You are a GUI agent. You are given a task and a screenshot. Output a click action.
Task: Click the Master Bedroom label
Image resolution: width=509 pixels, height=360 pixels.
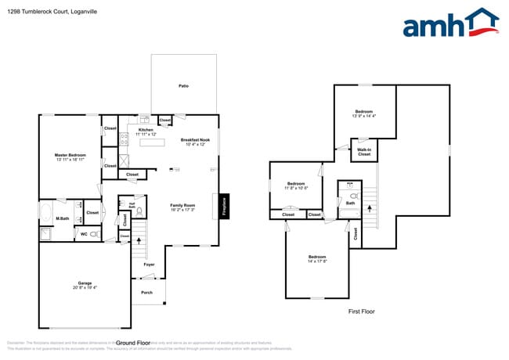coord(70,155)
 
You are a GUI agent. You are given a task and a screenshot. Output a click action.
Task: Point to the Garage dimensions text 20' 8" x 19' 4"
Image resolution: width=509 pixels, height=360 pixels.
coord(85,287)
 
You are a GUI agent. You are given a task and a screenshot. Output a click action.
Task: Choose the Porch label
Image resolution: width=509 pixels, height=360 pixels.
coord(146,293)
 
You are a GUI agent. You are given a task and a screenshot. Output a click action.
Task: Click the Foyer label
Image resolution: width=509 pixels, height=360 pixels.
coord(149,265)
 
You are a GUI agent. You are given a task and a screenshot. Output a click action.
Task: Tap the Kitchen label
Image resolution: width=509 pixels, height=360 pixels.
coord(146,130)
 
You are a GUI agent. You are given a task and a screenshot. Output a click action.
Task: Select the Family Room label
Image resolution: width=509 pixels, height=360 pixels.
coord(182,206)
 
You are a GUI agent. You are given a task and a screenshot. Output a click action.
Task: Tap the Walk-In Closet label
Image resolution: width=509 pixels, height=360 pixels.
coord(364,150)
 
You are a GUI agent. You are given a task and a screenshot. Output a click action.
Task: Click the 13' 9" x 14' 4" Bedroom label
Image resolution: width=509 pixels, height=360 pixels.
coord(364,112)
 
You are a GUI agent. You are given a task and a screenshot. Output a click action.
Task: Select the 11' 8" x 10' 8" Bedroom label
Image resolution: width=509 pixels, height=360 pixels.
coord(296,184)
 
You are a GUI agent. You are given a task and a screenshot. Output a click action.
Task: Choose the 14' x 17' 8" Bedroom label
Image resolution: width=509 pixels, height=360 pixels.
coord(317,257)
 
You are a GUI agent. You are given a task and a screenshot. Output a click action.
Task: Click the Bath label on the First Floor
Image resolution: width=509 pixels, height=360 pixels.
coord(350,203)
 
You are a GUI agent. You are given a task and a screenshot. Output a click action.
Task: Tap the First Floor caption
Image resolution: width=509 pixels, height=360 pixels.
coord(362,311)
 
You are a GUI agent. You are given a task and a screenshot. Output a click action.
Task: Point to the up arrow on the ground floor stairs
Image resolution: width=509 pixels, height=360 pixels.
coord(140,239)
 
